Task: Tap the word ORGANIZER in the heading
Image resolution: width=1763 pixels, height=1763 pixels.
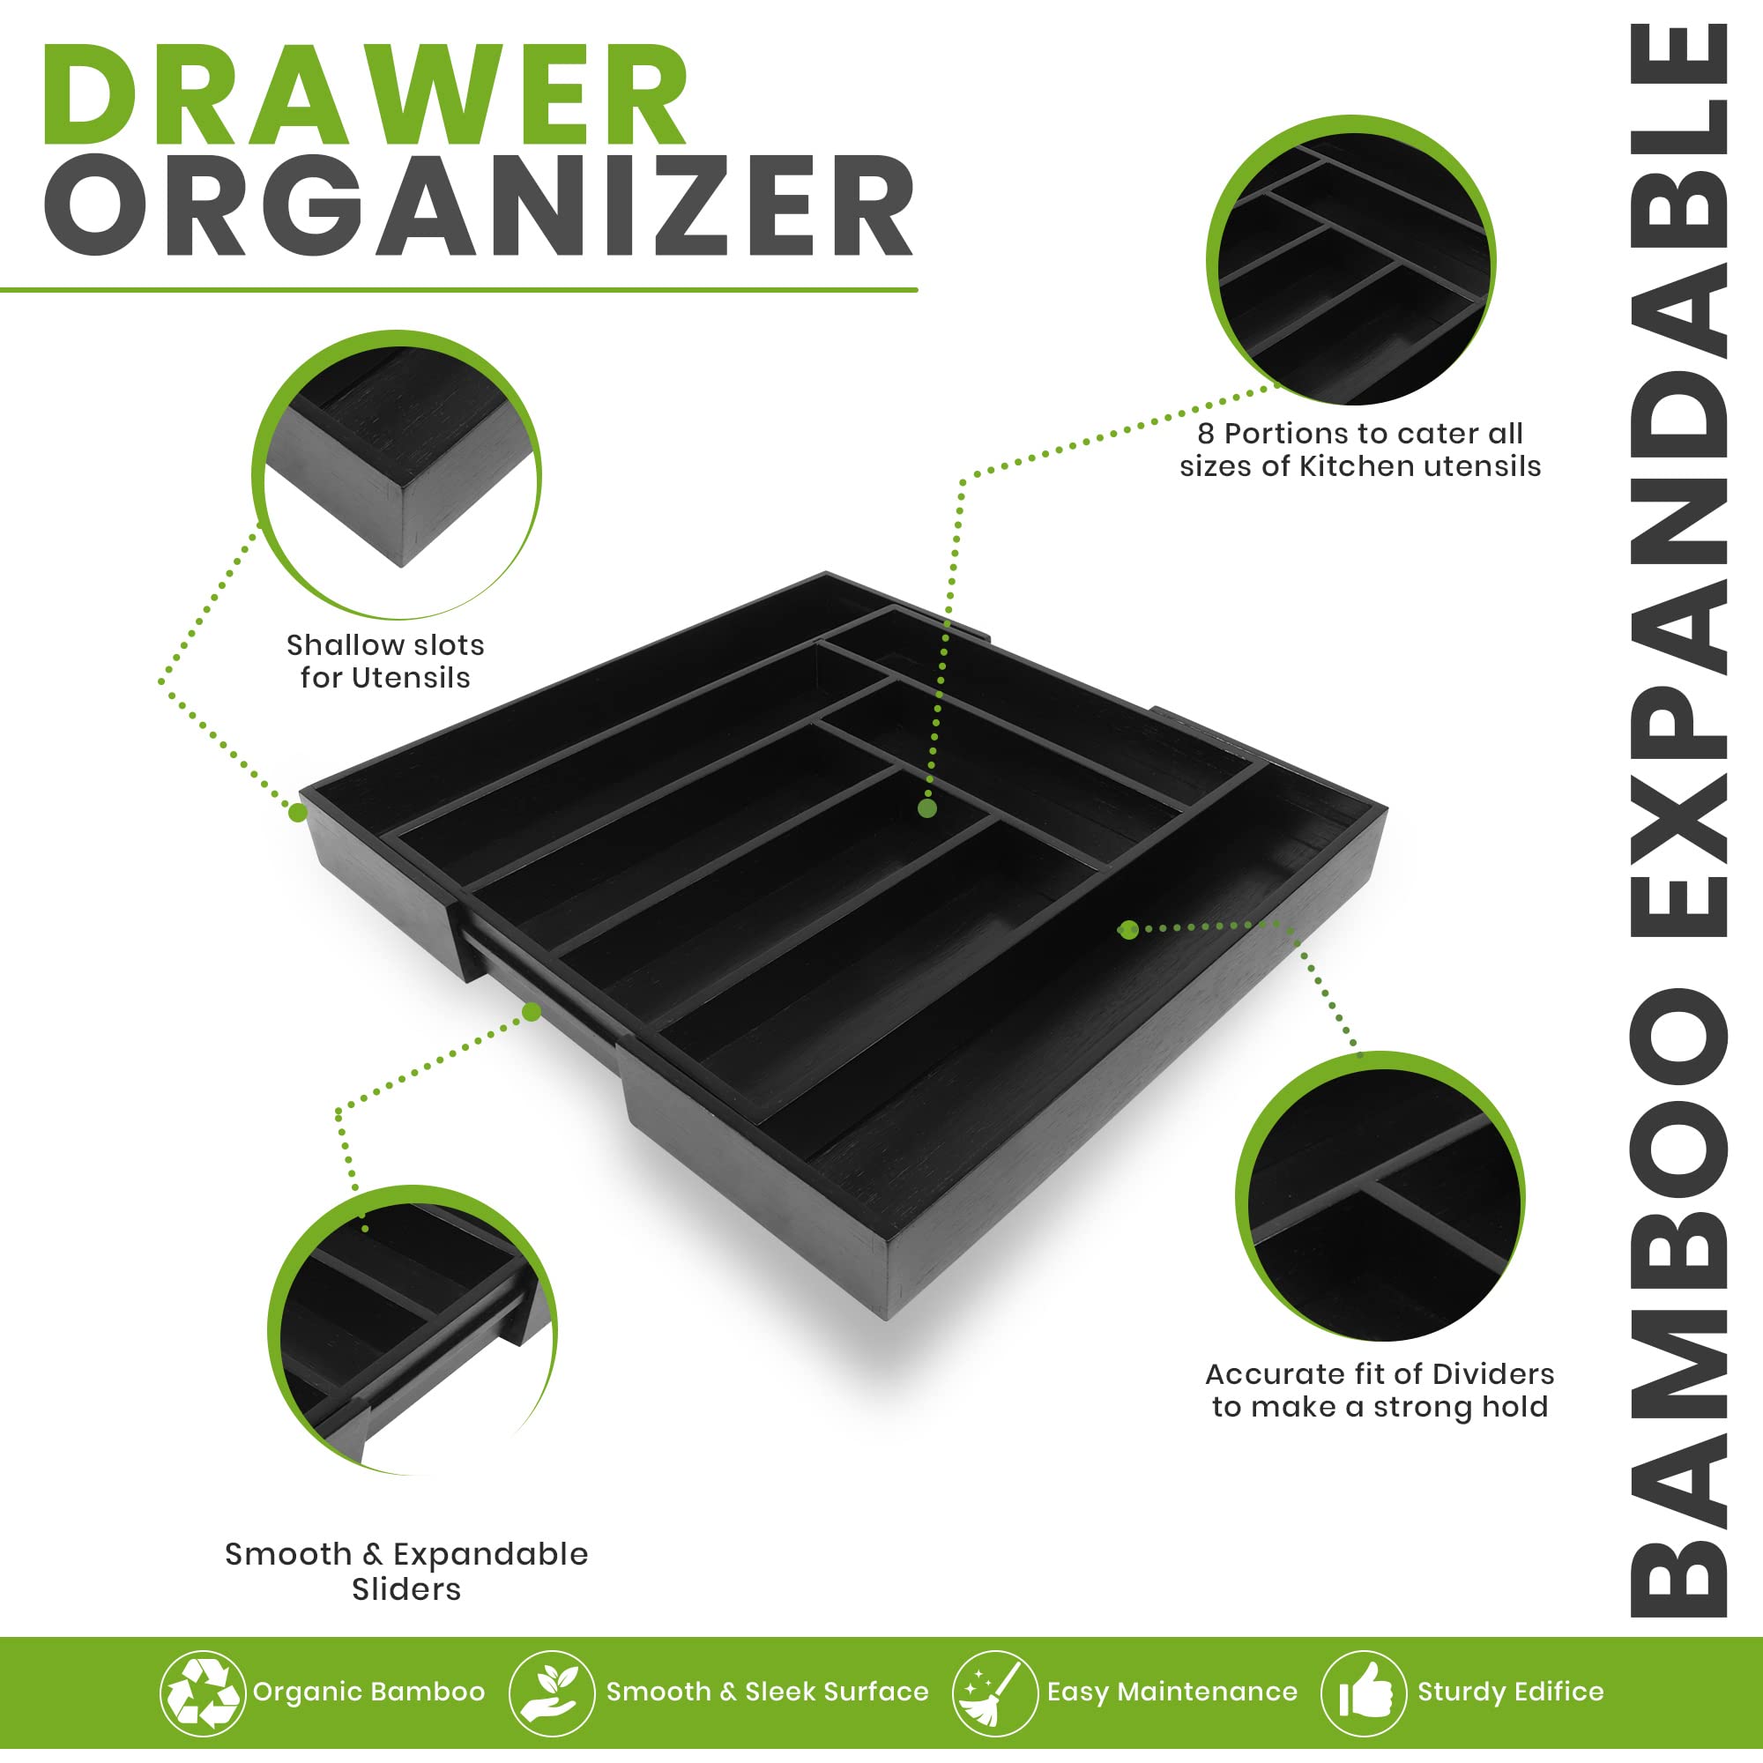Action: click(479, 205)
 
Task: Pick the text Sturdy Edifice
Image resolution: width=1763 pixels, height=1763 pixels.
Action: click(1510, 1692)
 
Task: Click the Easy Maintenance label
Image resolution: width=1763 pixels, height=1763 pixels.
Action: click(1172, 1692)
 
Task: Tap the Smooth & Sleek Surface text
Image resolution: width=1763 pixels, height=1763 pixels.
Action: click(768, 1692)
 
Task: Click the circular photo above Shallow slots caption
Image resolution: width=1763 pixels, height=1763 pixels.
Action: click(397, 474)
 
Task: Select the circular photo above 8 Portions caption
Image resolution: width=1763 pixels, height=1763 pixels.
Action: click(1351, 260)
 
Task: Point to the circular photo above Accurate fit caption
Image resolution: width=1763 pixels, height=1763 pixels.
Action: click(1380, 1197)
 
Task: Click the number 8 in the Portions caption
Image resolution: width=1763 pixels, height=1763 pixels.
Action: click(1207, 434)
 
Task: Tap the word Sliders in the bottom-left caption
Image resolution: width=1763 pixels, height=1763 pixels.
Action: click(406, 1589)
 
